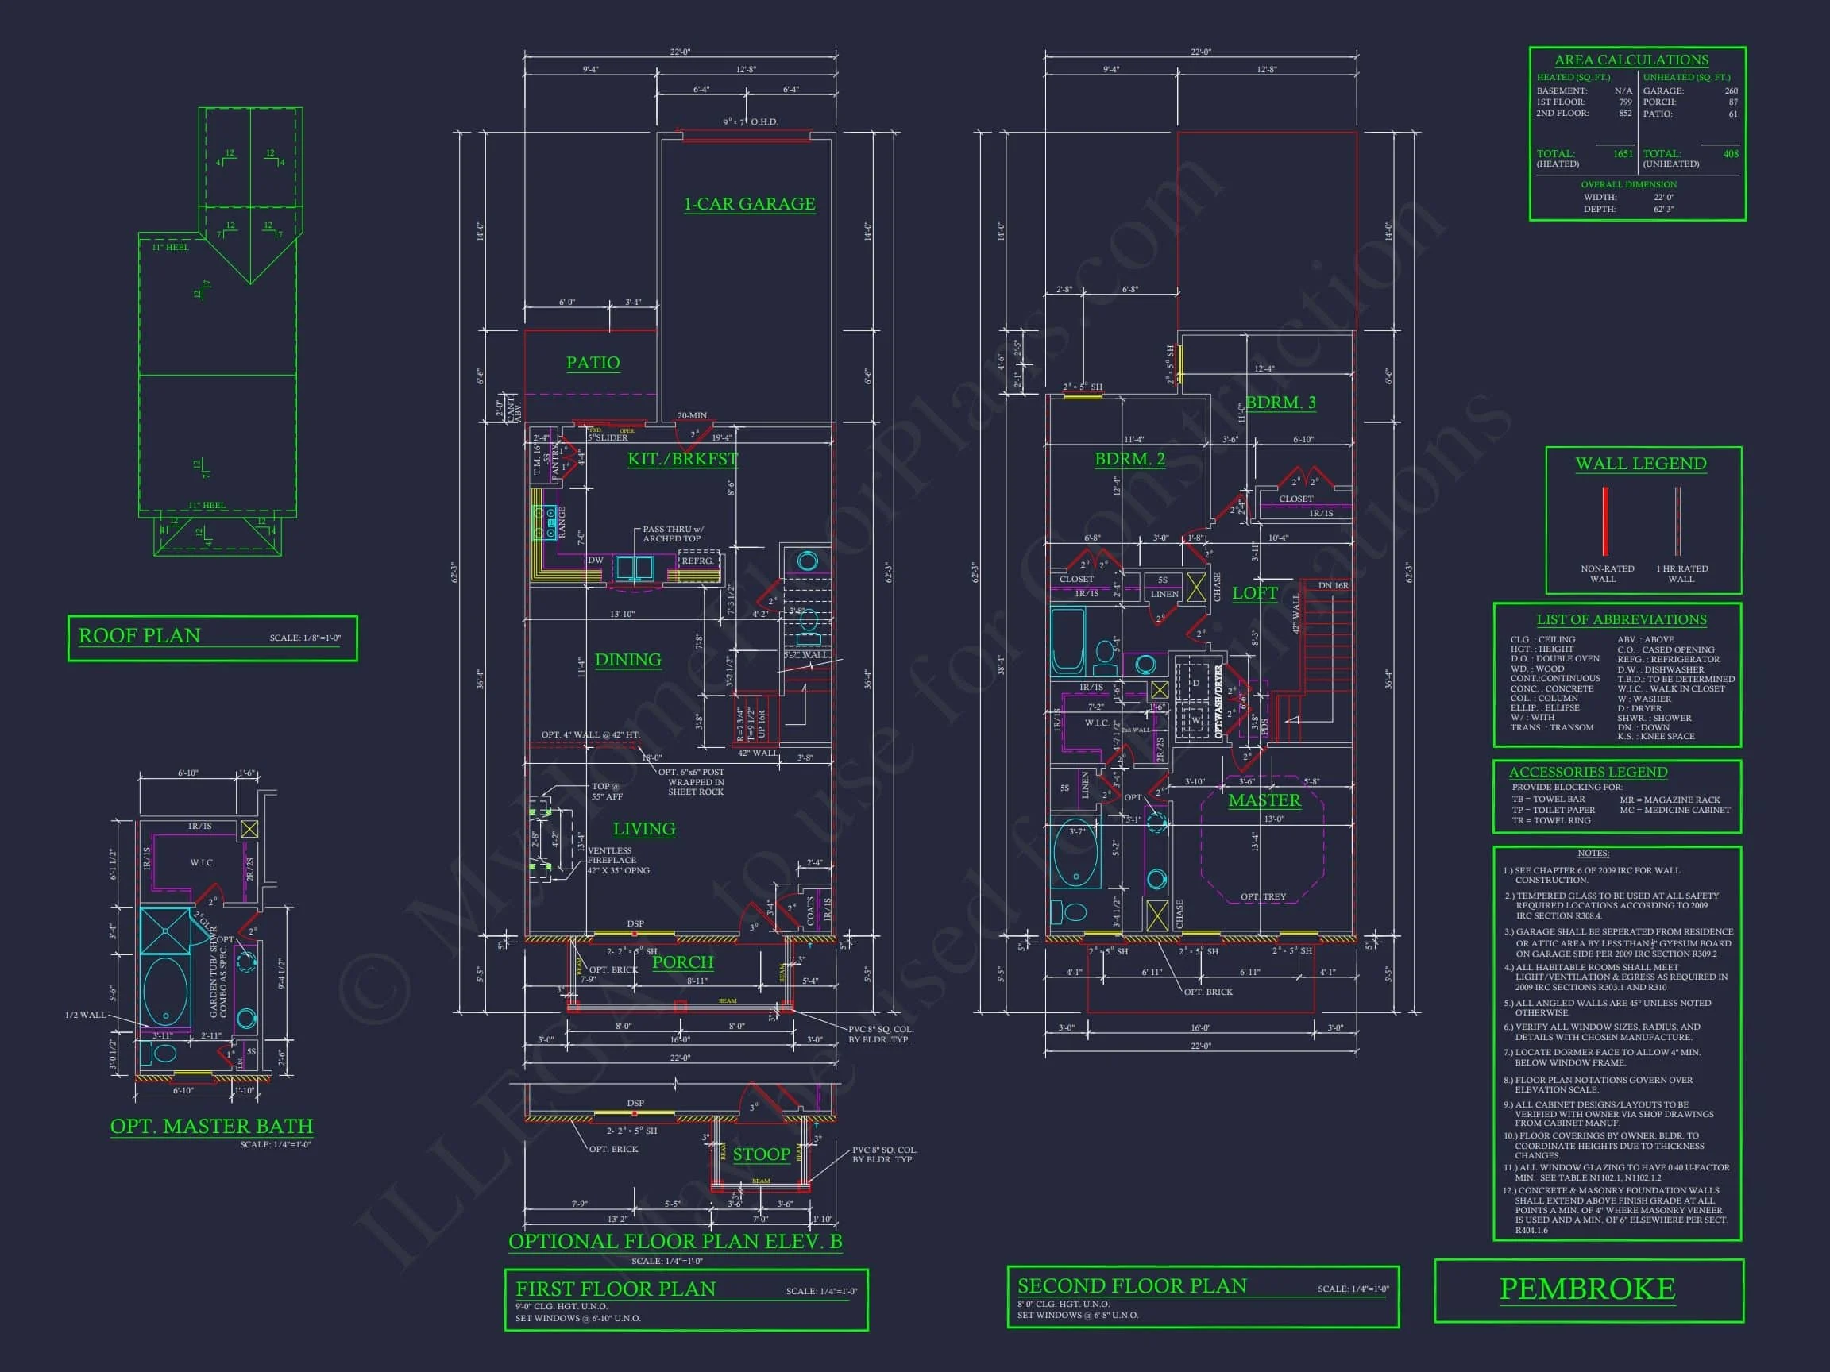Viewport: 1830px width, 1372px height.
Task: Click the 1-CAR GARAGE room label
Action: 749,204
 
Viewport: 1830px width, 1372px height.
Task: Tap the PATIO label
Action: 593,362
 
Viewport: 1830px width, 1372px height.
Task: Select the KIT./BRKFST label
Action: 681,459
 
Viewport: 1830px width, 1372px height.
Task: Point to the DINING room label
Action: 628,660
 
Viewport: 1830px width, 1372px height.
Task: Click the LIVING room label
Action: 643,829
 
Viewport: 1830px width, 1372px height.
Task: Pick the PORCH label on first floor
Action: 682,962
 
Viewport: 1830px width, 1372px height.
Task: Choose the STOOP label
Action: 761,1154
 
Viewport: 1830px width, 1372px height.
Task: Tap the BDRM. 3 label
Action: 1280,403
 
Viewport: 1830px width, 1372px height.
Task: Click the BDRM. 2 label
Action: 1129,459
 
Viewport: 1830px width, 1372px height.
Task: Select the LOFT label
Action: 1254,593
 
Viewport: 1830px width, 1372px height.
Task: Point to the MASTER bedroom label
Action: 1264,800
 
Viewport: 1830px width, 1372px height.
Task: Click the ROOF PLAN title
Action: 139,636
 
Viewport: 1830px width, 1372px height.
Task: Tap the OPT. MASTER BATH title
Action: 212,1127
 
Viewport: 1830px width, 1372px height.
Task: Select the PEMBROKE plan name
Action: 1587,1289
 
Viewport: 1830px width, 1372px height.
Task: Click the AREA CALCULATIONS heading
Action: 1631,60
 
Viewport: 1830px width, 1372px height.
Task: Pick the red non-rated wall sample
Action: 1605,521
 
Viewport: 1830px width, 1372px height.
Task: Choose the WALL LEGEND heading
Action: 1640,464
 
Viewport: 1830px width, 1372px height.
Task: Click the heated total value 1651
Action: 1623,154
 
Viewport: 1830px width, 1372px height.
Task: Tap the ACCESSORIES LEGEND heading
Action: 1588,772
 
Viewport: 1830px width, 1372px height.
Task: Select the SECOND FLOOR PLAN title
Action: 1131,1286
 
